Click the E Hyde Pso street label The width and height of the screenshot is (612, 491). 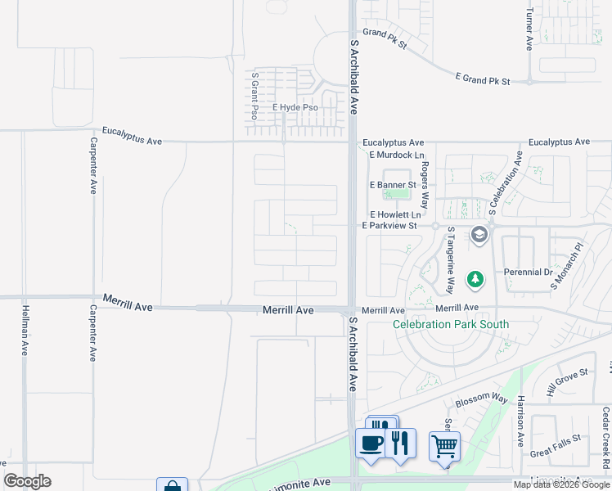point(295,107)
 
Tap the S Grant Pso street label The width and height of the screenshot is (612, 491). point(255,95)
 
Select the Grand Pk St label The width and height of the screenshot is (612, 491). point(385,38)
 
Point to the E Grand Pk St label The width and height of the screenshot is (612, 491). point(483,81)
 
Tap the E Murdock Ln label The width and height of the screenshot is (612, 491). point(397,155)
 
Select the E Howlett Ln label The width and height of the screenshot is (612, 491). point(394,214)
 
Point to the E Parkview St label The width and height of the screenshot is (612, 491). point(389,225)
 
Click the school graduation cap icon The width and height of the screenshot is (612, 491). point(479,236)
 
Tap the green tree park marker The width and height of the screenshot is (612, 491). point(475,280)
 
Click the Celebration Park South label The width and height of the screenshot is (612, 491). point(451,324)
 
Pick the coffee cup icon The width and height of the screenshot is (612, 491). point(371,443)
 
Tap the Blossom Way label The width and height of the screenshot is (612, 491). point(482,398)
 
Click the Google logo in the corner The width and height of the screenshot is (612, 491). point(27,481)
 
